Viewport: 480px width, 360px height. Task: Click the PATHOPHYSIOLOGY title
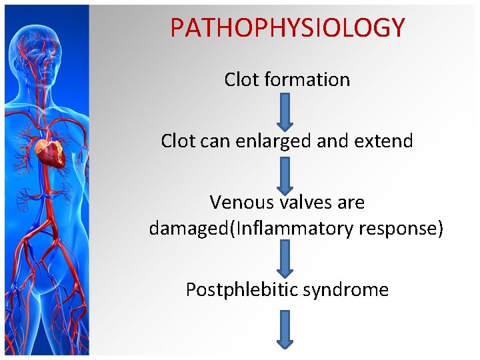coord(287,27)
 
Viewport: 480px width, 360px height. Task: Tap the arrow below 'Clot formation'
coord(285,111)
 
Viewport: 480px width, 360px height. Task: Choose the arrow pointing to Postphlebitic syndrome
coord(285,259)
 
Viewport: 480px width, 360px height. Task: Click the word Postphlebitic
coord(241,290)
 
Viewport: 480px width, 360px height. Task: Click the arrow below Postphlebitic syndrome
coord(285,330)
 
